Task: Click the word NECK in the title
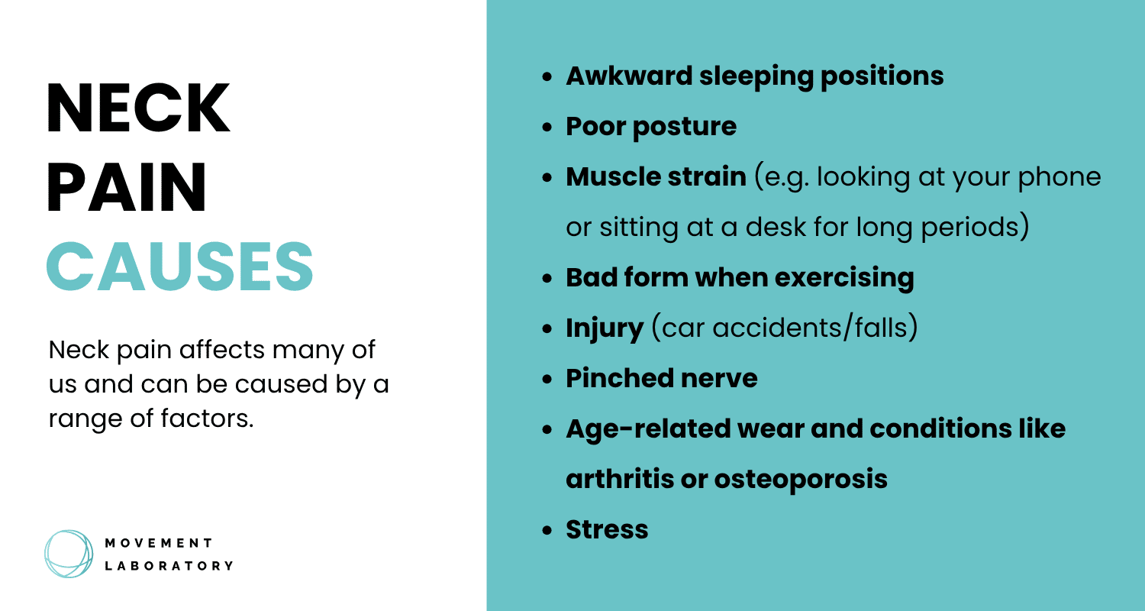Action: [x=138, y=109]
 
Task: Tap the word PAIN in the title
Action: [x=127, y=186]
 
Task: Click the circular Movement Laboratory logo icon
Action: [x=69, y=554]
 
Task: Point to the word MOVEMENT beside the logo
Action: [x=158, y=543]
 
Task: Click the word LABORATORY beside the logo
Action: [x=168, y=566]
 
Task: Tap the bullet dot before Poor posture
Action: [x=547, y=128]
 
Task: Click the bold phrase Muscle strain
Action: [x=656, y=177]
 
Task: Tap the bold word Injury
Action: [x=605, y=328]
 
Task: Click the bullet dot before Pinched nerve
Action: [x=547, y=380]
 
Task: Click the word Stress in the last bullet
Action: [x=607, y=529]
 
